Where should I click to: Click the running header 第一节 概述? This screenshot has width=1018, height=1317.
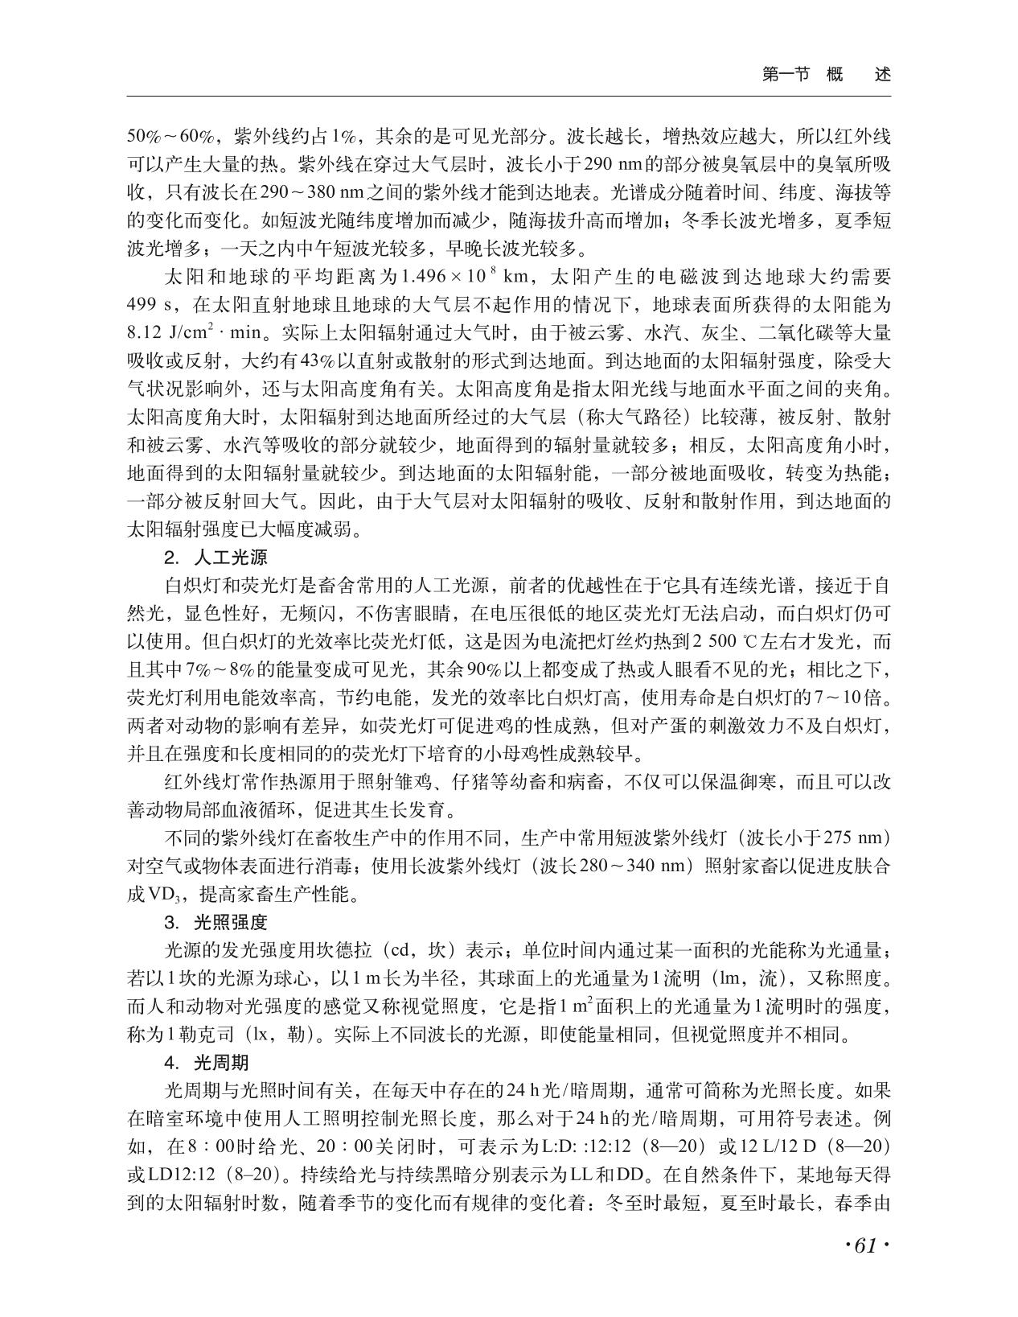click(826, 75)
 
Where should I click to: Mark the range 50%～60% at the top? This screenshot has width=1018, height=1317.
click(166, 134)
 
